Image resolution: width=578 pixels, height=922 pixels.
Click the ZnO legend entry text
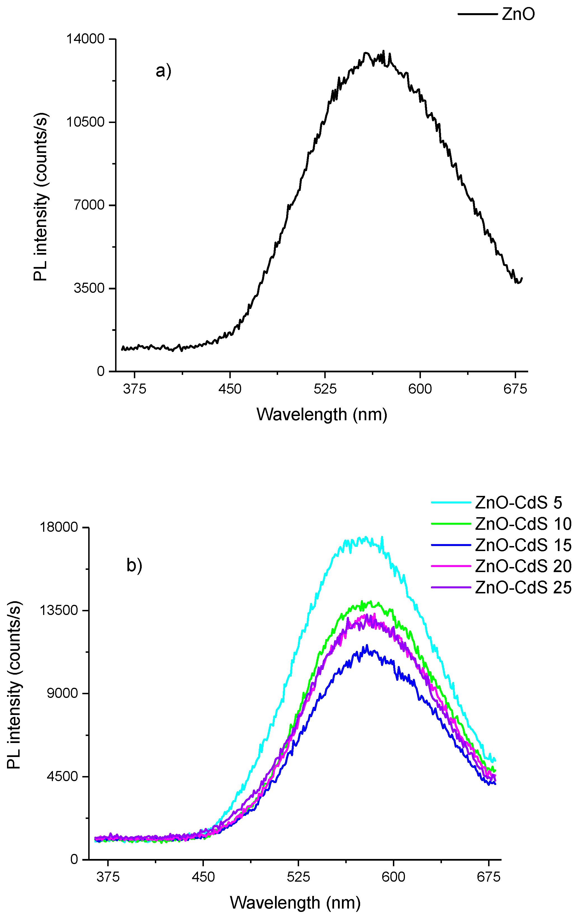[518, 15]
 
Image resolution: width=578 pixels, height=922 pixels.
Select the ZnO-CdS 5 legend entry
[518, 503]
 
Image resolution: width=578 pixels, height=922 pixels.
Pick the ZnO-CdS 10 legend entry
[523, 524]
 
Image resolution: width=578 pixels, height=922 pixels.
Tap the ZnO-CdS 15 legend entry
[523, 545]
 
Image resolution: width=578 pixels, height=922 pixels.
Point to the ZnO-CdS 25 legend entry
[523, 587]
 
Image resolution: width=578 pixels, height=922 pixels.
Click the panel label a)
[163, 71]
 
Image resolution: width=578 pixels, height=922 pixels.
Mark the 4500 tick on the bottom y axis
[63, 776]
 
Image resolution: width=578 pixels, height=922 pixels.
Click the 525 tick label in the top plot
[325, 389]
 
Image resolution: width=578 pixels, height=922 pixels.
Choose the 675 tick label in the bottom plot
[488, 877]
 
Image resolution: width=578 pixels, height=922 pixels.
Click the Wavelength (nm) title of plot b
[295, 902]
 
